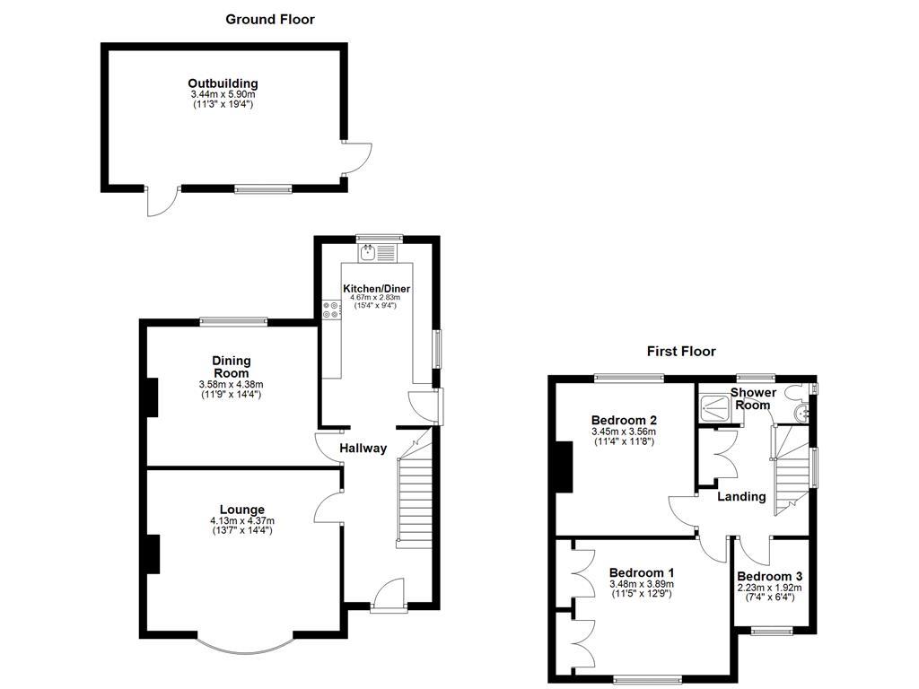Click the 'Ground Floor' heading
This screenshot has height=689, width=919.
tap(270, 19)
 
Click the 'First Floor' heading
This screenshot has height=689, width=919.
tap(681, 351)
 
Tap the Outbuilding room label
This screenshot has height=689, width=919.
tap(223, 83)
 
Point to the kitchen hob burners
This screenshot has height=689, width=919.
tap(330, 310)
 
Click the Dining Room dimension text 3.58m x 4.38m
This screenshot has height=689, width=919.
tap(231, 385)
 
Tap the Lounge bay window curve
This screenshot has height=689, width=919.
tap(244, 647)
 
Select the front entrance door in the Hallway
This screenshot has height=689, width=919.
tap(389, 595)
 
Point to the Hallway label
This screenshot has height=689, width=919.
tap(363, 449)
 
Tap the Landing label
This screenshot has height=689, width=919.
tap(741, 496)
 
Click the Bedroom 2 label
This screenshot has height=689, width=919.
tap(625, 420)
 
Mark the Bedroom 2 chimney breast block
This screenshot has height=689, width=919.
tap(565, 467)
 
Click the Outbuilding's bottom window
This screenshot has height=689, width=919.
tap(263, 188)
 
